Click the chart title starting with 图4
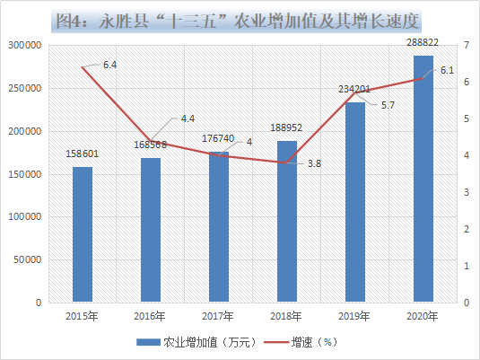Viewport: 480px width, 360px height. (x=237, y=22)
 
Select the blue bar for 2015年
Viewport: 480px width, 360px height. (x=83, y=234)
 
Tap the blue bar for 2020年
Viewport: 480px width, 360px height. (x=423, y=179)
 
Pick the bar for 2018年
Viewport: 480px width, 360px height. (x=287, y=222)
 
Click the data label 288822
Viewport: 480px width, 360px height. (x=423, y=42)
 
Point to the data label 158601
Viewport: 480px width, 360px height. (x=82, y=154)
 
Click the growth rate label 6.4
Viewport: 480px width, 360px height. (x=109, y=65)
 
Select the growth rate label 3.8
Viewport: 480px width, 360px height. (x=314, y=163)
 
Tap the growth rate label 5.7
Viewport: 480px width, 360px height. (x=388, y=105)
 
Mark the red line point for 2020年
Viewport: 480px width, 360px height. (x=423, y=78)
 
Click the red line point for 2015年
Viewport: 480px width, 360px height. (x=83, y=67)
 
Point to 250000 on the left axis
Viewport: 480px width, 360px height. (x=24, y=88)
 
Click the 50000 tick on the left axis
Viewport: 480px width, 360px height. (x=27, y=259)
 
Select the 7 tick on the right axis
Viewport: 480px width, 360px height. (x=467, y=46)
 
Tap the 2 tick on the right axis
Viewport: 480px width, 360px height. (x=467, y=229)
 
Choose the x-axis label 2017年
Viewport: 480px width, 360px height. (x=218, y=316)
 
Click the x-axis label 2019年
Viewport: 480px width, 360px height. (x=354, y=316)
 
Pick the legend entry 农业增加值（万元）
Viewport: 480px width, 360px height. (x=196, y=342)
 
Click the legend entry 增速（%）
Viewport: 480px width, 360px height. (x=301, y=342)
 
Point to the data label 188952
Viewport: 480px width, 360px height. (x=286, y=127)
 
